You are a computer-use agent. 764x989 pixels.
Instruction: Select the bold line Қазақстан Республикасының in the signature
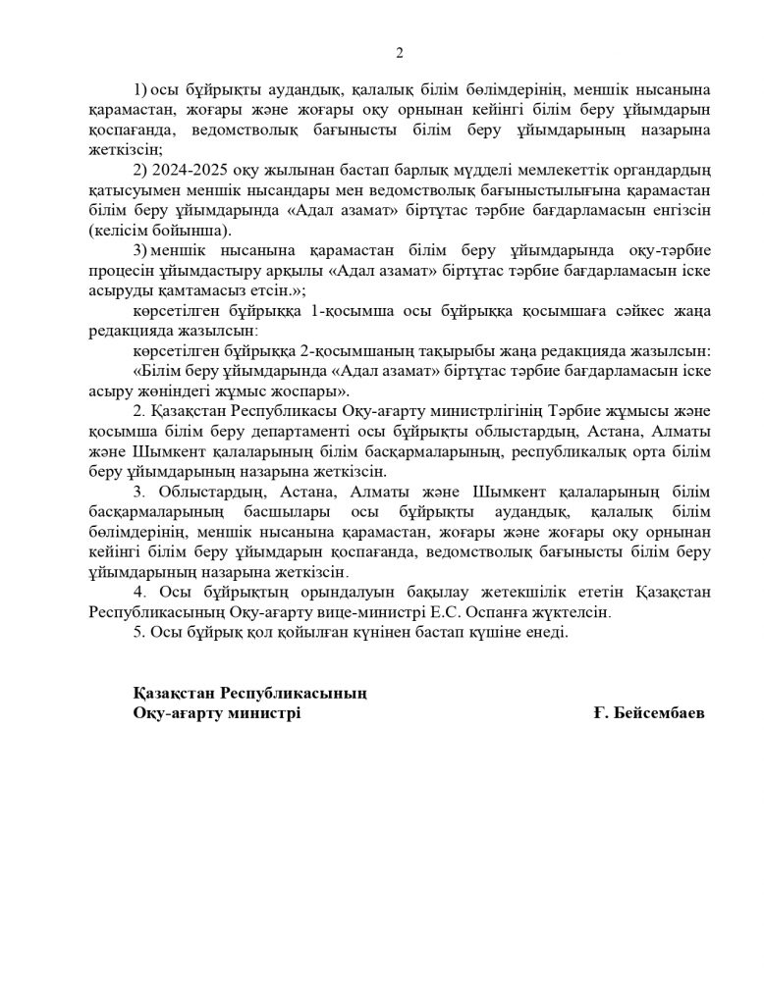(x=249, y=693)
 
